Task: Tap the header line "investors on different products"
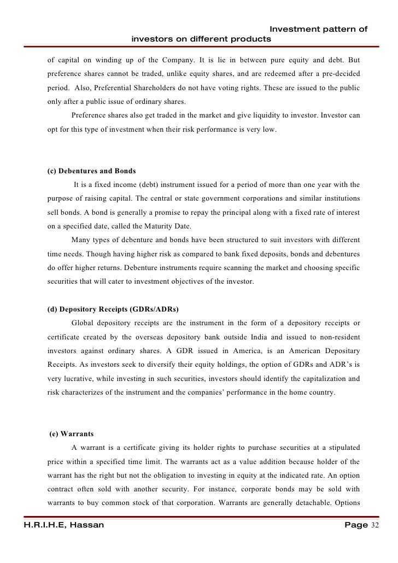(x=201, y=39)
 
